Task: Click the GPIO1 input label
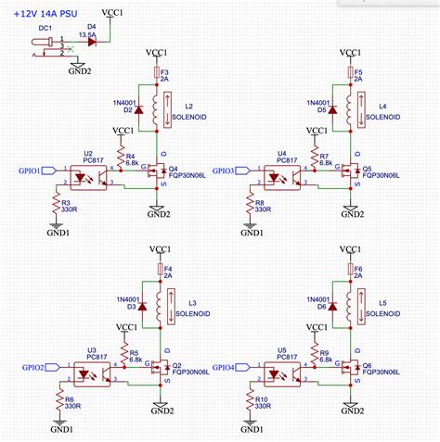click(x=33, y=171)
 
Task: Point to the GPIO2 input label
click(x=33, y=367)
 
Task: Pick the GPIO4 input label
click(x=226, y=367)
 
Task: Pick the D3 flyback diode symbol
click(x=140, y=306)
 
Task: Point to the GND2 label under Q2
click(x=162, y=410)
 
